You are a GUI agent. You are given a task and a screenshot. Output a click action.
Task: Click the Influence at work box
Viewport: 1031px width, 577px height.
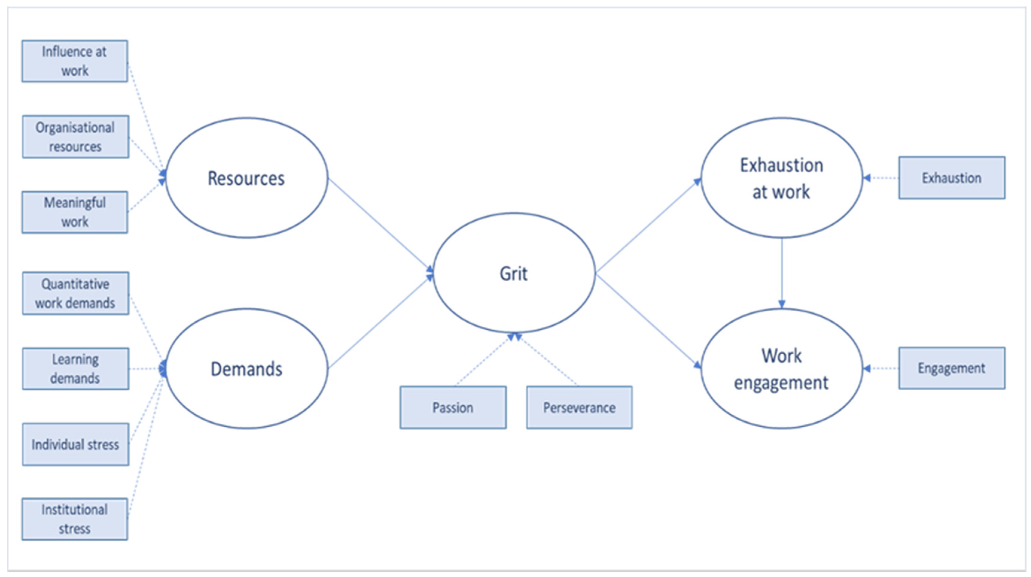coord(75,61)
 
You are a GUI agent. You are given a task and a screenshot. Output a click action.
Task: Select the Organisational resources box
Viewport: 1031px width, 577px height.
coord(76,137)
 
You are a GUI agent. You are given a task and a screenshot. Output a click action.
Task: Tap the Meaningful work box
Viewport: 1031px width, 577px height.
coord(75,212)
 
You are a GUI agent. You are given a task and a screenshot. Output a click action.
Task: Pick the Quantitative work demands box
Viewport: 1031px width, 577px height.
coord(76,293)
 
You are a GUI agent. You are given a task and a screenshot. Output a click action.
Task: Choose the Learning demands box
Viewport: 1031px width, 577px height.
coord(76,369)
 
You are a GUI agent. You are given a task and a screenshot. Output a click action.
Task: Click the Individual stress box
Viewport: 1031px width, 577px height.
coord(76,444)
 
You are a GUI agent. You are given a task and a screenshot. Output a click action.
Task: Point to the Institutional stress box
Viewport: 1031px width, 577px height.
coord(75,519)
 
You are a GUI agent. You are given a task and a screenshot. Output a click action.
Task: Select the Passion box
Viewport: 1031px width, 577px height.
coord(453,408)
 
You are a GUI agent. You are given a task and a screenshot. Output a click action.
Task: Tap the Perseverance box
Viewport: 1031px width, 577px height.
coord(579,408)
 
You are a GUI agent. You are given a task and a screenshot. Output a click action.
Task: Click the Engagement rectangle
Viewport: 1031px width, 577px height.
coord(952,368)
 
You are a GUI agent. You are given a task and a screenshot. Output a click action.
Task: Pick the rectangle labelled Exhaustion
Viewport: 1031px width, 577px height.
coord(952,178)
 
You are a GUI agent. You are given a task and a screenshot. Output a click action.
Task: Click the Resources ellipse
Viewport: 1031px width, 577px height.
coord(247,178)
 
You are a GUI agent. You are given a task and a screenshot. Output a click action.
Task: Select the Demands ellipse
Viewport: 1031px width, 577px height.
coord(247,369)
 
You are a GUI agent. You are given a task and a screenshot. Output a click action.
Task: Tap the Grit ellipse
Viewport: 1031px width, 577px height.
coord(514,273)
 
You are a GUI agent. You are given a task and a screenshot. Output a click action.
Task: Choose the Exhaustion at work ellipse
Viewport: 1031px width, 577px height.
coord(782,178)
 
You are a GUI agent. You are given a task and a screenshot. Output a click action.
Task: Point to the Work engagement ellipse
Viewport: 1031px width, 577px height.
coord(782,369)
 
